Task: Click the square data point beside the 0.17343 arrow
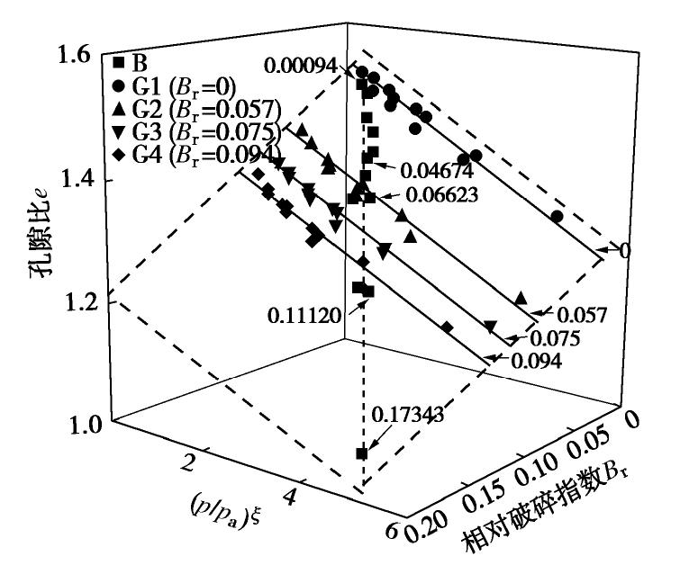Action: click(361, 453)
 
